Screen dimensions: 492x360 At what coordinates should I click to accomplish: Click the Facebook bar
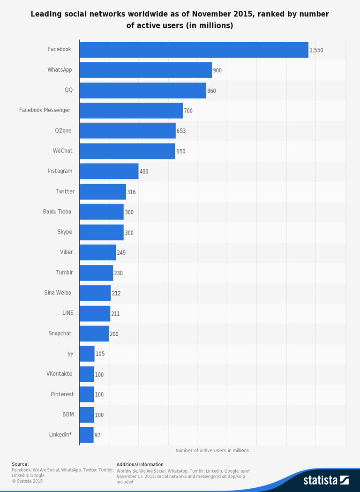point(194,50)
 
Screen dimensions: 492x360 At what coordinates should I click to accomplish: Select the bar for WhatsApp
point(145,70)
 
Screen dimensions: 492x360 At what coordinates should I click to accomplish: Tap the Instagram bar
point(109,171)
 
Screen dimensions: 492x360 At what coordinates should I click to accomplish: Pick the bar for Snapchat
point(94,333)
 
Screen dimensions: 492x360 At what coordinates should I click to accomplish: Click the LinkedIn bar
point(86,435)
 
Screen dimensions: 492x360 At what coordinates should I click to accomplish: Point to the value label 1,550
point(316,50)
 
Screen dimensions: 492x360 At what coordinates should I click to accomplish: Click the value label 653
point(181,131)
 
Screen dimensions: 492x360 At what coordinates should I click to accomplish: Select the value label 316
point(131,192)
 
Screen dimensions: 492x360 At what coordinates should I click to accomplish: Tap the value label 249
point(121,252)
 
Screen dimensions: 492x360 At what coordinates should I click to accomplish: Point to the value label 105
point(100,354)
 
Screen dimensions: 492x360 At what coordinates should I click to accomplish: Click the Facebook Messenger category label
point(45,110)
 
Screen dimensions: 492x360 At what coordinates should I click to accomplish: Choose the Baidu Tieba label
point(57,212)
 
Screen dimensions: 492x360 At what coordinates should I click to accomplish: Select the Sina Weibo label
point(58,293)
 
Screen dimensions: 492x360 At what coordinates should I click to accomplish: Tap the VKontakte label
point(59,374)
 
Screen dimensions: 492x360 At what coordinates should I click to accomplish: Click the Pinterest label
point(62,394)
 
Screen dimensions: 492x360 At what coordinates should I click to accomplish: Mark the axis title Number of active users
point(212,450)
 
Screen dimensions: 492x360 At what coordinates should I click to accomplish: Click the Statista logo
point(326,480)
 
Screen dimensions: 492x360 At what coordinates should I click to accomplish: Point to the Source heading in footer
point(20,464)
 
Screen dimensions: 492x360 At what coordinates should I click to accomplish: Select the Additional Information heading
point(141,464)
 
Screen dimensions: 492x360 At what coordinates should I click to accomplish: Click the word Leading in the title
point(46,14)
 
